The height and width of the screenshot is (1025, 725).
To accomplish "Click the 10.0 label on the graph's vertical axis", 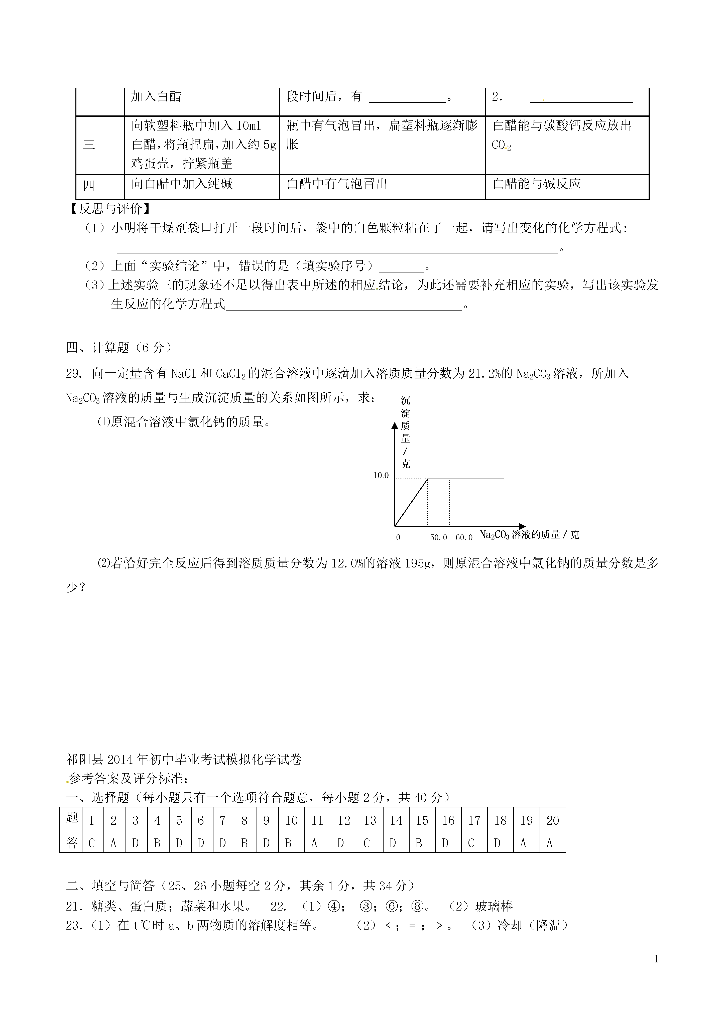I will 381,476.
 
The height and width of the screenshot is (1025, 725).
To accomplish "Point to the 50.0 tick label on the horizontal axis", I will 438,537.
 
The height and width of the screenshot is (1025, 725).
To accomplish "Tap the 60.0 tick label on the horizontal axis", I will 464,537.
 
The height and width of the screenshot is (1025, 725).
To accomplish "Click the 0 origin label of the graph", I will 398,537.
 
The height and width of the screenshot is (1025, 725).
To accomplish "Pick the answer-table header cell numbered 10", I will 291,821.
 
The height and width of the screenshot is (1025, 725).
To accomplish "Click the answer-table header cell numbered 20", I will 553,821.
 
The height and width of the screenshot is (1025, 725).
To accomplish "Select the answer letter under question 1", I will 92,843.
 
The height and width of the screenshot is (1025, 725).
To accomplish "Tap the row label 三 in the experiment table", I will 89,145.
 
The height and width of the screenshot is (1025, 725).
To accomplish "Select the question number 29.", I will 73,373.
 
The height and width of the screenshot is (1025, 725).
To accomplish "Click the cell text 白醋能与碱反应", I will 537,184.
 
